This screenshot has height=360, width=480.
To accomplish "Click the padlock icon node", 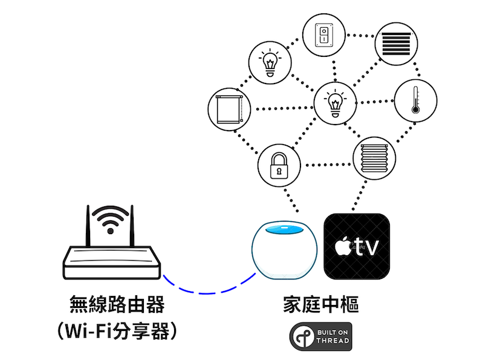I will pos(279,165).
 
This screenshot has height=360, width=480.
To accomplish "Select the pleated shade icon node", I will pos(374,157).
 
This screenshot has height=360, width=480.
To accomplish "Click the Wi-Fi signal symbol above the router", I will pos(110,220).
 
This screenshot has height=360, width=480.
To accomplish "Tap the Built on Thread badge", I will pos(321,337).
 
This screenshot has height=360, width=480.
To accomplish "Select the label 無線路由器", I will pos(116,304).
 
